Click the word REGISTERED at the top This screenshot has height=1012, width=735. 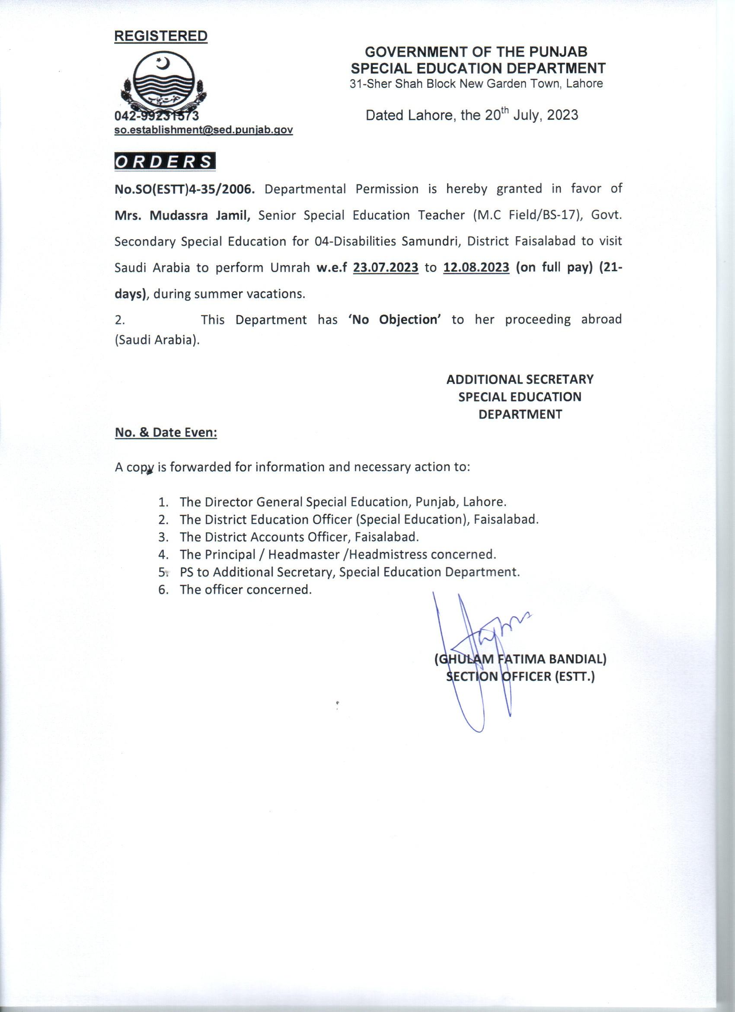160,36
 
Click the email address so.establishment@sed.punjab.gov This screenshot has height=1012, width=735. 203,130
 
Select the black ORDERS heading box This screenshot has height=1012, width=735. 165,161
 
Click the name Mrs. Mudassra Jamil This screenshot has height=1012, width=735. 182,215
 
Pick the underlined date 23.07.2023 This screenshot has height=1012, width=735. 385,268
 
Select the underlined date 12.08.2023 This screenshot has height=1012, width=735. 476,268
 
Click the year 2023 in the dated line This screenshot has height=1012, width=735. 562,115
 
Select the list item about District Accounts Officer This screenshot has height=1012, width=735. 299,537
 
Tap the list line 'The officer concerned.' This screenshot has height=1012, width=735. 245,589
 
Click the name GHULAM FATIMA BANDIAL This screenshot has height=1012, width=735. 520,659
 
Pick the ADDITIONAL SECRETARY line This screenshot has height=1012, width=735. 520,379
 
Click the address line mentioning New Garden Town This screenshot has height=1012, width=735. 476,83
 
